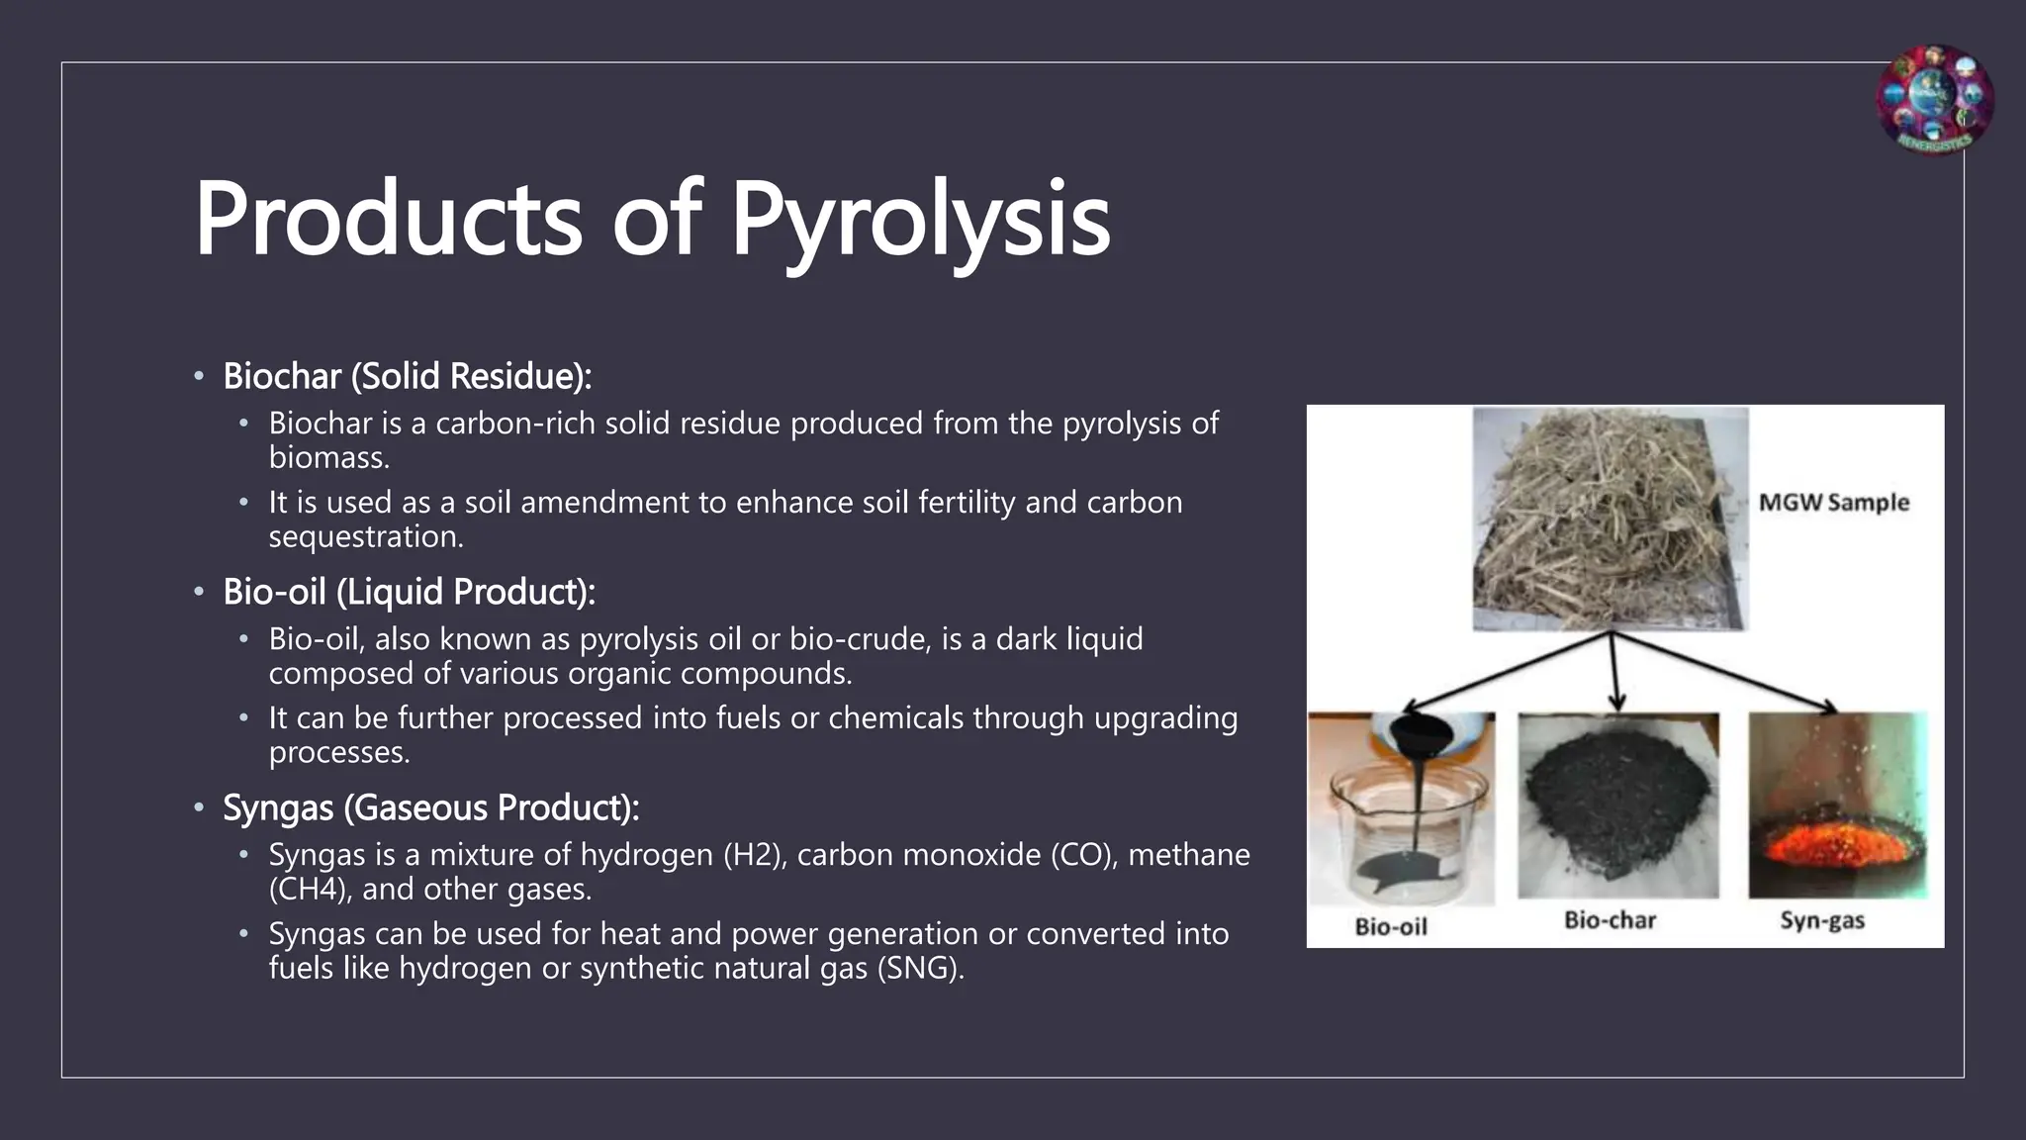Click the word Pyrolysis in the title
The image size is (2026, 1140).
[x=920, y=220]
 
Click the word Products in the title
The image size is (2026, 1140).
[x=388, y=220]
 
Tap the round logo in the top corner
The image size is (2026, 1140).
[x=1934, y=100]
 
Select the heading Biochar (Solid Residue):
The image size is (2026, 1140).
[x=407, y=376]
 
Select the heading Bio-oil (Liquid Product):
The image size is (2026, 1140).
[x=409, y=592]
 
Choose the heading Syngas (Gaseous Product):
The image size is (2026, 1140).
[x=430, y=807]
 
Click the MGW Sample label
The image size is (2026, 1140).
[x=1833, y=503]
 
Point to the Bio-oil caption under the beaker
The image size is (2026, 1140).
[x=1390, y=926]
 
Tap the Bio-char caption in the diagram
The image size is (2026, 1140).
[x=1610, y=920]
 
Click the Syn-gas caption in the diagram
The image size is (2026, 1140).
[x=1822, y=920]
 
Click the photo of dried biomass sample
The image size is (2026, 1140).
[x=1610, y=519]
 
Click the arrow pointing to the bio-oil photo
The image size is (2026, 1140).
[x=1504, y=672]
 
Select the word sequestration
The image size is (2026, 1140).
[x=365, y=537]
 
